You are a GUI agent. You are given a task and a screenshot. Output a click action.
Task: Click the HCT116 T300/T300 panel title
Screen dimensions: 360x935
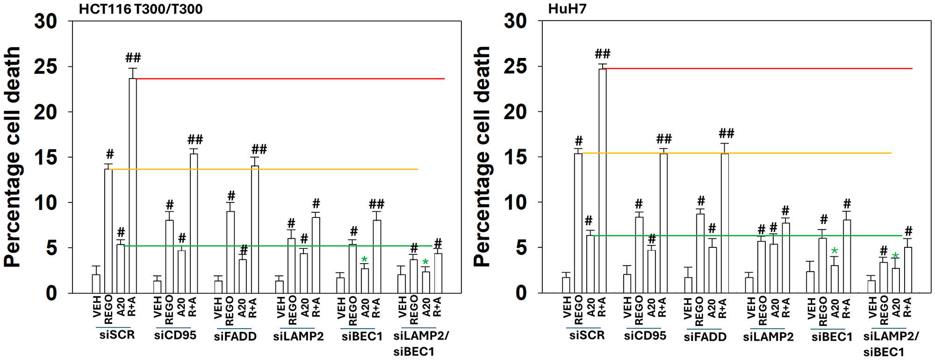pyautogui.click(x=140, y=9)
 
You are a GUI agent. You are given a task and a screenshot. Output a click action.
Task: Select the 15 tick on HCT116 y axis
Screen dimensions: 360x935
pyautogui.click(x=45, y=157)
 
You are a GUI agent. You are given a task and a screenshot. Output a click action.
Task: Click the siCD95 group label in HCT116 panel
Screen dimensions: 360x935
pyautogui.click(x=175, y=336)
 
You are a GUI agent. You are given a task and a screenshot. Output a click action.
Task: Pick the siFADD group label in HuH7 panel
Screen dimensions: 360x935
pyautogui.click(x=705, y=337)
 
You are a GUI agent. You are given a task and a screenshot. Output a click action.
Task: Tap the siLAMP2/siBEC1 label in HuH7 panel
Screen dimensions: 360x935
pyautogui.click(x=890, y=344)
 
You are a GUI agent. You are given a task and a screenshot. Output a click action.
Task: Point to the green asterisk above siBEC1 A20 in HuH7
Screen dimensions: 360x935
pyautogui.click(x=834, y=252)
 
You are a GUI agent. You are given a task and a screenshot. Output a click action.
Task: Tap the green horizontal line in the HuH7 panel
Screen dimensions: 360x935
pyautogui.click(x=748, y=236)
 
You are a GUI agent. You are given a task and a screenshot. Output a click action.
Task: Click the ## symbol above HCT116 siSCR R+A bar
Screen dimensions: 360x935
pyautogui.click(x=133, y=58)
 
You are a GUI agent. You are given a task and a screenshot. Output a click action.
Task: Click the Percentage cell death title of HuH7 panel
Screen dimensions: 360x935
pyautogui.click(x=482, y=157)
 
